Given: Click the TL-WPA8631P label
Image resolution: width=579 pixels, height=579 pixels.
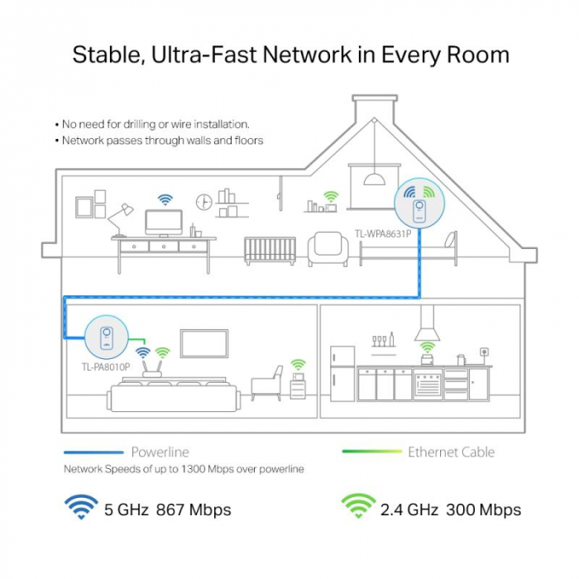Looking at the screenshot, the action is click(383, 234).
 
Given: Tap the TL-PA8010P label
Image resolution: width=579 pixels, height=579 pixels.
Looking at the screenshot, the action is click(106, 366).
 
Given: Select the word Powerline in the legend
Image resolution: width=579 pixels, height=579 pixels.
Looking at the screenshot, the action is click(160, 452).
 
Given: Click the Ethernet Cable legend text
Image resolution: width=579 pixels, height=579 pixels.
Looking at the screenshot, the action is click(452, 452).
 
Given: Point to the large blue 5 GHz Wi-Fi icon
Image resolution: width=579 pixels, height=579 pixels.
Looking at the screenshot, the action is click(81, 506).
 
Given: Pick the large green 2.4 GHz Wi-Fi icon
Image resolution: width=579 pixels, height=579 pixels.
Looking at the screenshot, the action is click(358, 506).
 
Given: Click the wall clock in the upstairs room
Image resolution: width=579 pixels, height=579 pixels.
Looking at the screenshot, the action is click(203, 202).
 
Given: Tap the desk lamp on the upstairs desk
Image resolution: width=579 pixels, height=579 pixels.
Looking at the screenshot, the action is click(120, 220).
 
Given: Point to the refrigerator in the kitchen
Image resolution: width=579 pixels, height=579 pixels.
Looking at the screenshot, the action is click(342, 374).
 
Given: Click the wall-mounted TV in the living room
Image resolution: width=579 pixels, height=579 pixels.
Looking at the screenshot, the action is click(204, 344).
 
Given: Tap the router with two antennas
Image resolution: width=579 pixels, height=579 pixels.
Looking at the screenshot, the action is click(152, 370).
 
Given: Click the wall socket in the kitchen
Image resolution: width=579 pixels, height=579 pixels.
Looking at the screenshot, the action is click(484, 352).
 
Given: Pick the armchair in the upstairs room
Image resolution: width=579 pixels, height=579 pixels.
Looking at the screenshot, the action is click(328, 248).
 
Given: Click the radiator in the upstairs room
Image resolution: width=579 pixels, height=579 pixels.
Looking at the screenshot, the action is click(270, 251).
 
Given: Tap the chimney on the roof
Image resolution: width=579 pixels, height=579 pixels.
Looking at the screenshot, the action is click(375, 109).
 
